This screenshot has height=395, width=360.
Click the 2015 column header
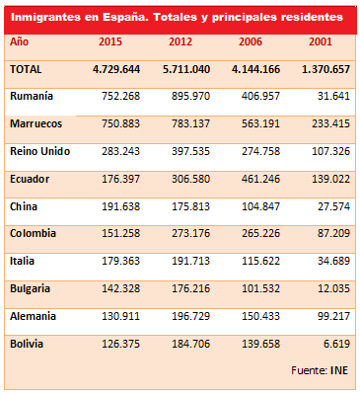tap(110, 42)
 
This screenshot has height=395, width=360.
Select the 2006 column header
tap(253, 42)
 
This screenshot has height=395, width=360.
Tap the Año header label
tap(20, 42)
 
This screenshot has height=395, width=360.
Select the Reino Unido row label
tap(38, 154)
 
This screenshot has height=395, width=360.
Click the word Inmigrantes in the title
tap(44, 17)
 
